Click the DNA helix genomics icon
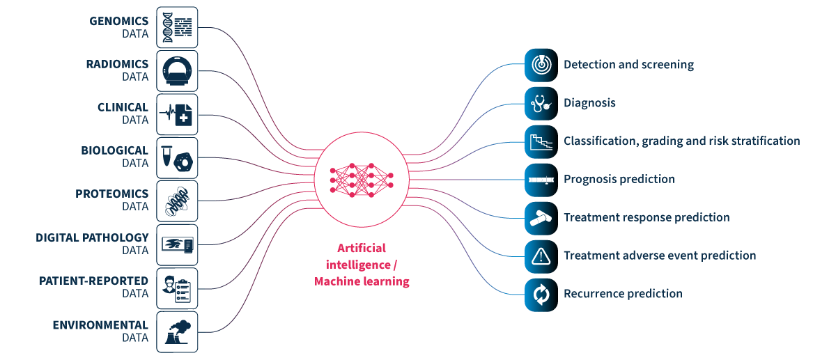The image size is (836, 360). pos(177,28)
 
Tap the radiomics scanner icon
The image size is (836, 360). pos(177,71)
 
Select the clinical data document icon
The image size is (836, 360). pos(177,115)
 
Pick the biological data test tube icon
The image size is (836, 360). pos(177,158)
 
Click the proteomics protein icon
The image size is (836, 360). pos(177,201)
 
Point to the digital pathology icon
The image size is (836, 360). pos(177,244)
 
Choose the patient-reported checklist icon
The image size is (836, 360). pos(177,288)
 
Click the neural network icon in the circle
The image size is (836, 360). pos(362,179)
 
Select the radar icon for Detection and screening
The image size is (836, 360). pos(541,65)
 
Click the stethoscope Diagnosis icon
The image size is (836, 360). pos(541,103)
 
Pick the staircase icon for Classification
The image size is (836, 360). pos(541,141)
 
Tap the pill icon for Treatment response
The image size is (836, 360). pos(541,217)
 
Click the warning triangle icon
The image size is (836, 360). pos(541,256)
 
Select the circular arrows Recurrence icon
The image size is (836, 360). pos(541,294)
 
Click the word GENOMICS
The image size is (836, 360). pos(119,21)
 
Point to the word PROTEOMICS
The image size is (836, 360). pos(112,194)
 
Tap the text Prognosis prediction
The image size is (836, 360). pos(619,180)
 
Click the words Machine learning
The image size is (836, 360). pos(362,281)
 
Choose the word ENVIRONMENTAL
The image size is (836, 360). pos(100,324)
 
